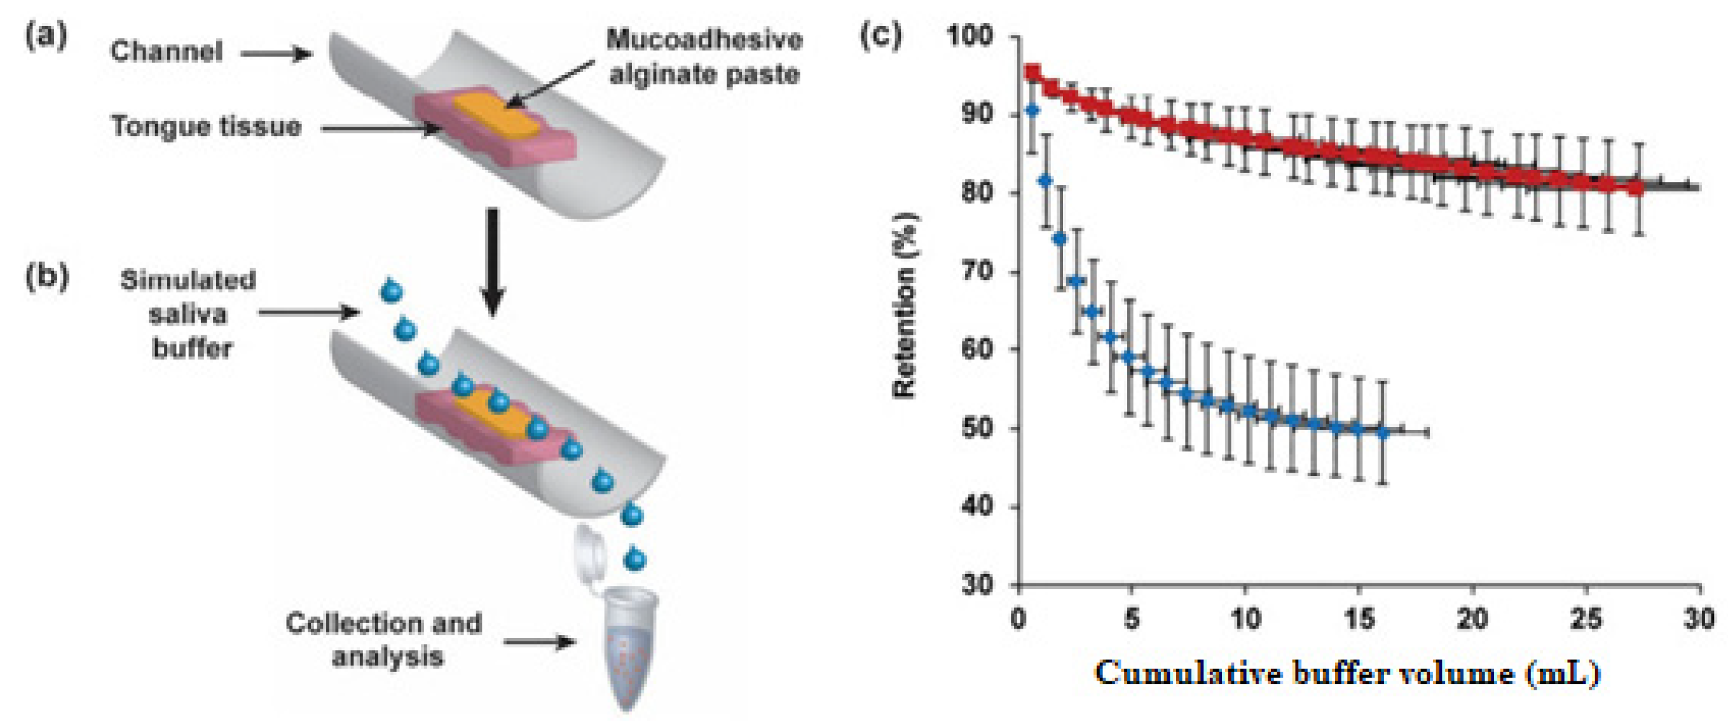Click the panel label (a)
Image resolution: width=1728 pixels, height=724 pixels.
46,36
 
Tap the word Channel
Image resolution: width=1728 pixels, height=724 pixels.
166,52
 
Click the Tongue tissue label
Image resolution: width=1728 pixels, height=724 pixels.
206,126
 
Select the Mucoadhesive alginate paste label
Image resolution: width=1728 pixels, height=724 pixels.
704,57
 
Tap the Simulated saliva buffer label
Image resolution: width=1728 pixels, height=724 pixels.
188,314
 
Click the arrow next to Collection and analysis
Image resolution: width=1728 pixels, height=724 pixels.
539,642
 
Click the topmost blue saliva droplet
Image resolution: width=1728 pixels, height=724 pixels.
391,291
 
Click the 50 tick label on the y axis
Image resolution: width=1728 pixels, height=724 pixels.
977,429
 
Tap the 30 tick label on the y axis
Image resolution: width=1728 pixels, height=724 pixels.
977,585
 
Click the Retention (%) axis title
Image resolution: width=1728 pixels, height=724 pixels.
905,305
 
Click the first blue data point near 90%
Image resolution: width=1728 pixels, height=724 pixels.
1033,109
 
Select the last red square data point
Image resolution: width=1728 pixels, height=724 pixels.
1637,188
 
